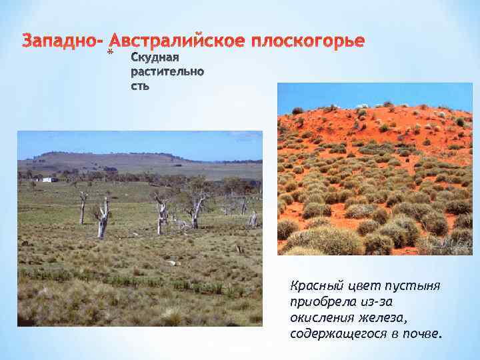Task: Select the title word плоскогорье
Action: coord(309,41)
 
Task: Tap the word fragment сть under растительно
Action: coord(140,85)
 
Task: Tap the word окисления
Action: coord(319,317)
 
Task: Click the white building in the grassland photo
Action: coord(48,179)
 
